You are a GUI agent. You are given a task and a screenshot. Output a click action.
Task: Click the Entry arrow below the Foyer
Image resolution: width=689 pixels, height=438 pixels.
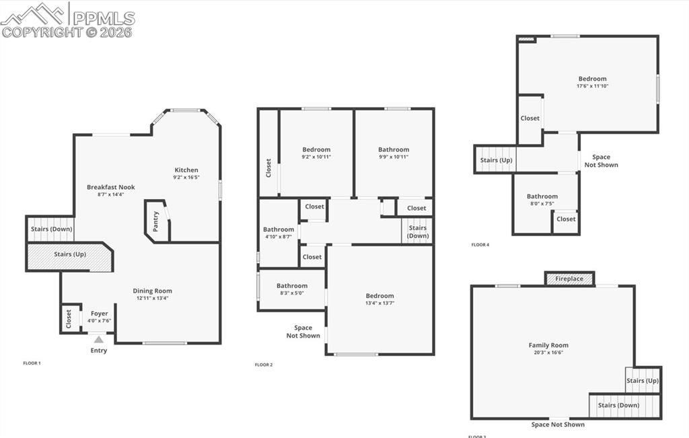coord(99,340)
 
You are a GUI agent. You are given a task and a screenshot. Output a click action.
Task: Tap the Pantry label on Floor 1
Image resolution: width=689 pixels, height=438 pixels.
coord(156,221)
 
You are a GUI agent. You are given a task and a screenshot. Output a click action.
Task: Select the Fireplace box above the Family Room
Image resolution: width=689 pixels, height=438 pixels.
coord(569,279)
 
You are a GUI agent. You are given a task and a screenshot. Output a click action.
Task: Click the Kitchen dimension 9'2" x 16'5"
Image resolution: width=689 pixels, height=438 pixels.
coord(186,177)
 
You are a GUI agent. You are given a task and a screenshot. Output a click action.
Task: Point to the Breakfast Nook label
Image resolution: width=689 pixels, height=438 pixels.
coord(111,187)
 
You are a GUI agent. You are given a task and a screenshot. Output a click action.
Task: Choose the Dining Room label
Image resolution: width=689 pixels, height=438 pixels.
coord(153,291)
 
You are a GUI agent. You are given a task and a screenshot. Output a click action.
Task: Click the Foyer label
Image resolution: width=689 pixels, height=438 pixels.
coord(99,313)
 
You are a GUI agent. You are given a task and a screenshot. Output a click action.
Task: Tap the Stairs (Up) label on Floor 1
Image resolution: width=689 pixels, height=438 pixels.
coord(70,254)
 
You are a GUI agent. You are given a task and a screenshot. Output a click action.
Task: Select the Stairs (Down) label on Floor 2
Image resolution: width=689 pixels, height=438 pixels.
coord(418,231)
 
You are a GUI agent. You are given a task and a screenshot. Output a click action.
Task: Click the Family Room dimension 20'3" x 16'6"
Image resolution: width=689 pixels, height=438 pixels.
coord(548,352)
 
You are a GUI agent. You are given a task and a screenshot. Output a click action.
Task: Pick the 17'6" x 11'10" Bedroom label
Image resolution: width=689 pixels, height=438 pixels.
coord(592,79)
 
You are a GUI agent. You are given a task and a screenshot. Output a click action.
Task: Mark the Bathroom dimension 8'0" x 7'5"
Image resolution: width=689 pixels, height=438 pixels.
coord(542,203)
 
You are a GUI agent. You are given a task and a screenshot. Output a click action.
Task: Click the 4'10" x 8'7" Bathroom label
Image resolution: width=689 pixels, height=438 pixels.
coord(279,229)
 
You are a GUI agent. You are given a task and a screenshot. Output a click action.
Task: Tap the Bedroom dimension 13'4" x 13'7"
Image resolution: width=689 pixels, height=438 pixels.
coord(379,303)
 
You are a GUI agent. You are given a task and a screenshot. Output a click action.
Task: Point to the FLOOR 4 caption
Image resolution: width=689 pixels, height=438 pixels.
coord(480,245)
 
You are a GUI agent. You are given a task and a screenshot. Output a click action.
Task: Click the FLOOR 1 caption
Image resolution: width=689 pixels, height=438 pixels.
coord(32,363)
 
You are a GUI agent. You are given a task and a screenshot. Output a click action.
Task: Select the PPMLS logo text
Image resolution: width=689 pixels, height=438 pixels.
coord(102,18)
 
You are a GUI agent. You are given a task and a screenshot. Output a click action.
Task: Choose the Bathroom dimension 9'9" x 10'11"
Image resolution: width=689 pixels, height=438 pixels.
coord(394,157)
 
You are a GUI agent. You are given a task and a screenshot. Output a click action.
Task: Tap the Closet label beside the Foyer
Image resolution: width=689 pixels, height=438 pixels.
coord(69,319)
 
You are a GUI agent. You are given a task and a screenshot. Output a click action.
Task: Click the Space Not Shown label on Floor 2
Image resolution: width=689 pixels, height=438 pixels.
coord(303,332)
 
